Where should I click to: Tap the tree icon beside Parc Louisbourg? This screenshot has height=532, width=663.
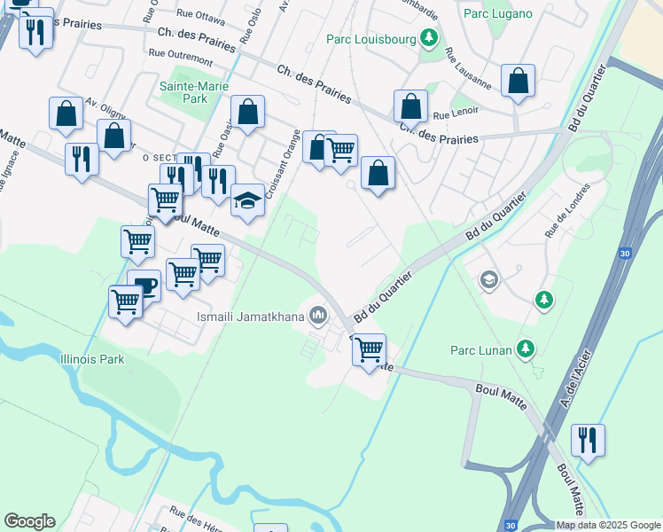tap(429, 37)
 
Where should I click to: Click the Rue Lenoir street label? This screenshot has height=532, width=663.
tap(456, 113)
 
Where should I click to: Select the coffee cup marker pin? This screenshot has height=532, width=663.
tap(144, 286)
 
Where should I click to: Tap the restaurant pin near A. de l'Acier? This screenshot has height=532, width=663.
tap(588, 440)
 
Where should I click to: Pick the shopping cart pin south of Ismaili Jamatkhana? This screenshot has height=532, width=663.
tap(368, 349)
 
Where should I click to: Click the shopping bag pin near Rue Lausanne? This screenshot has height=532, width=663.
tap(518, 81)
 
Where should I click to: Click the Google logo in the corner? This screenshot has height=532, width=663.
tap(29, 521)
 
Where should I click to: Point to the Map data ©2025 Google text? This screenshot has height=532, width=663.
tap(608, 525)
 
